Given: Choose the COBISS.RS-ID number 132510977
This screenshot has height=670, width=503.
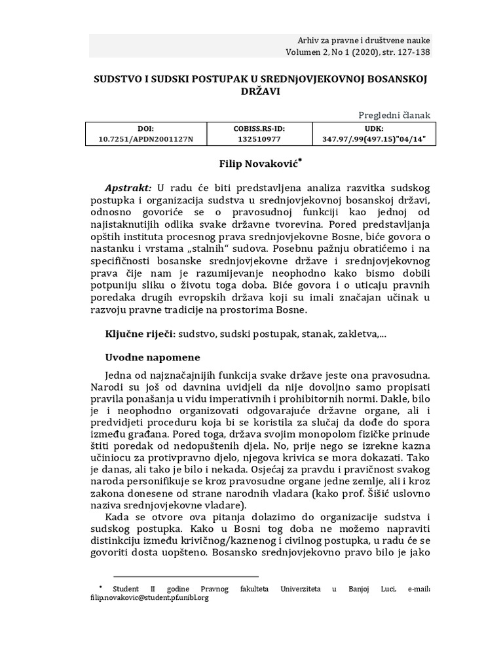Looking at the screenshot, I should (259, 139).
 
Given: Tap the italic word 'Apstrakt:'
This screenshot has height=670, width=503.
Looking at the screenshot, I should (128, 186).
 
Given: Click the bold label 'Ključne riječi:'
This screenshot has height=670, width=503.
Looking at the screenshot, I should (140, 334).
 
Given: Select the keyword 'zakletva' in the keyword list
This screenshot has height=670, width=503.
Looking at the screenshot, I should (358, 334).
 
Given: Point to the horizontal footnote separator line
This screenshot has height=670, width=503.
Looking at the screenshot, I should (186, 576).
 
